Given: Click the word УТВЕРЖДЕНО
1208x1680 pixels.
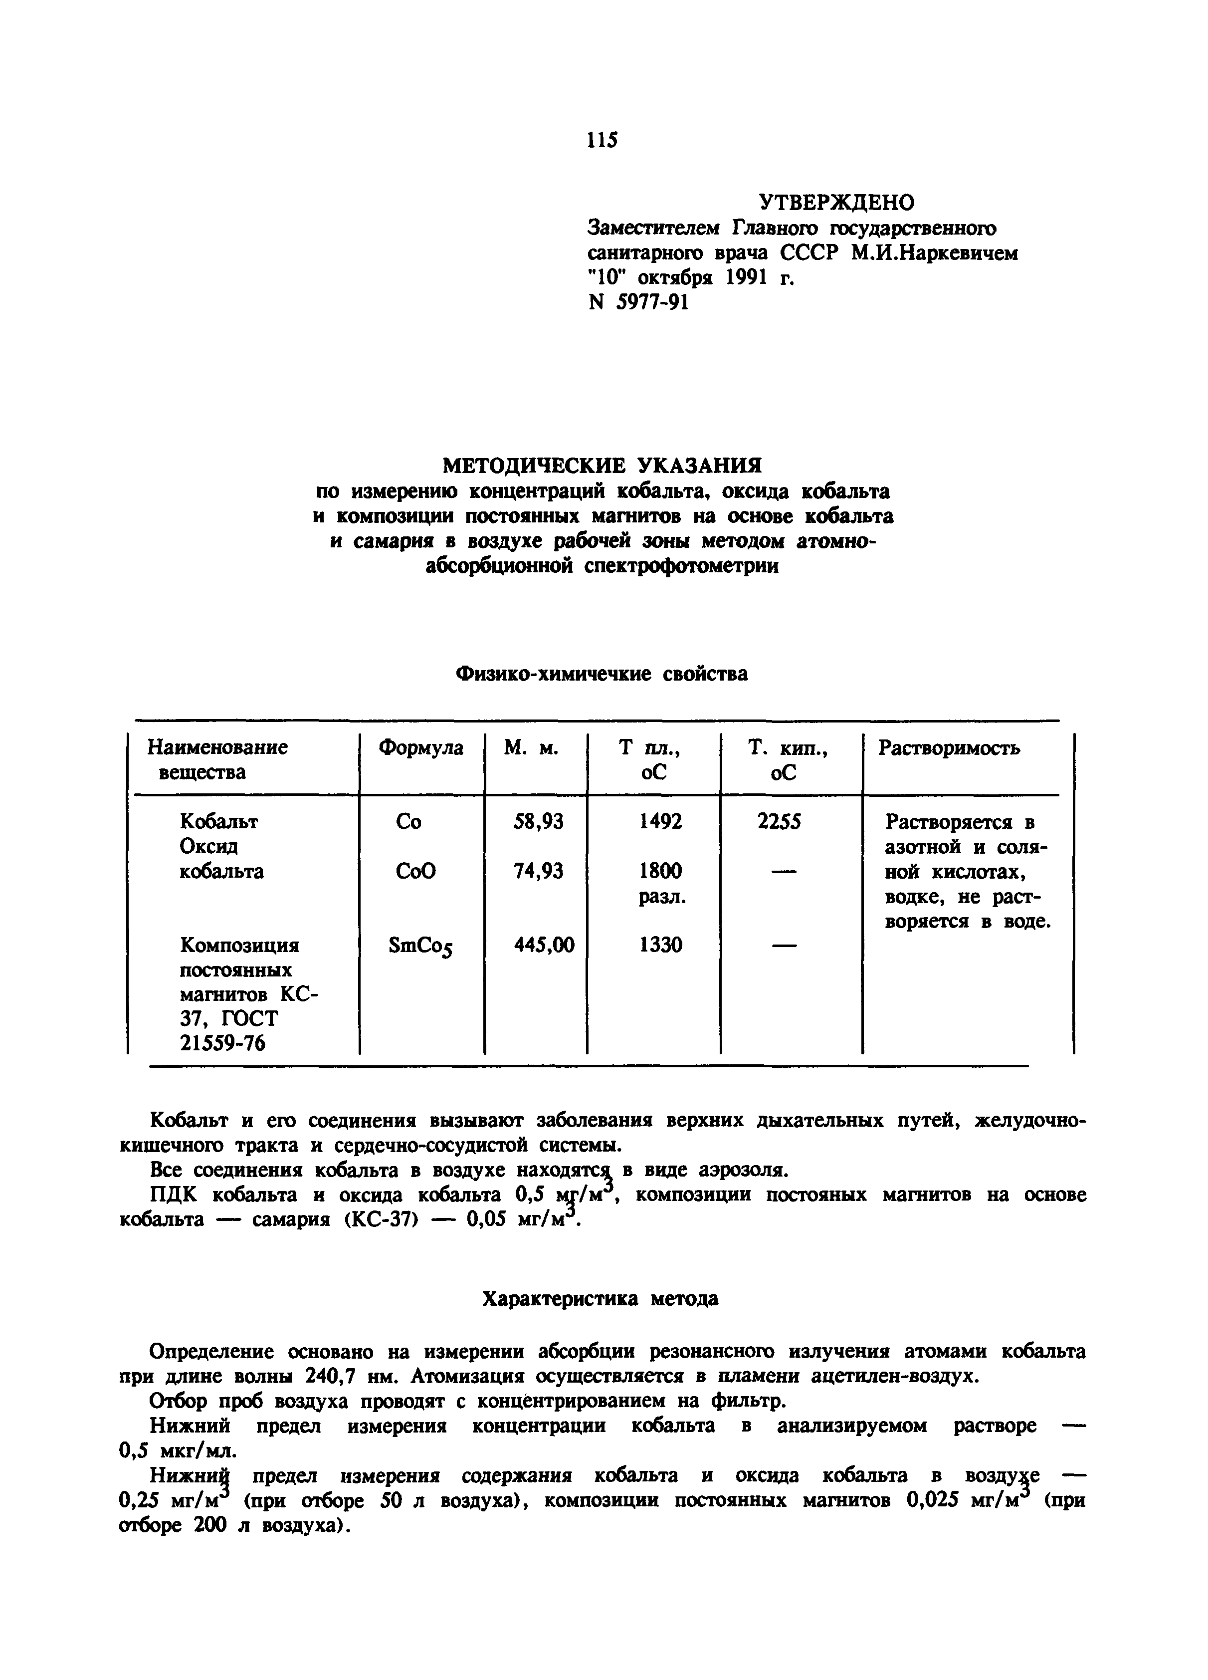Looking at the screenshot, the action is point(837,202).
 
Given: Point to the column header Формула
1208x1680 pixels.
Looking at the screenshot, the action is point(420,747).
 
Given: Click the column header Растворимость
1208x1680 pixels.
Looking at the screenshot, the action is point(949,748).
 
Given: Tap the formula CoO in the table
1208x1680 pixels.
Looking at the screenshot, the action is point(415,871).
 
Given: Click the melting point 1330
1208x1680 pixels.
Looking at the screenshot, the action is point(661,945).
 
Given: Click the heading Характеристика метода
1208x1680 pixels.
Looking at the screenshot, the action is point(600,1298).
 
